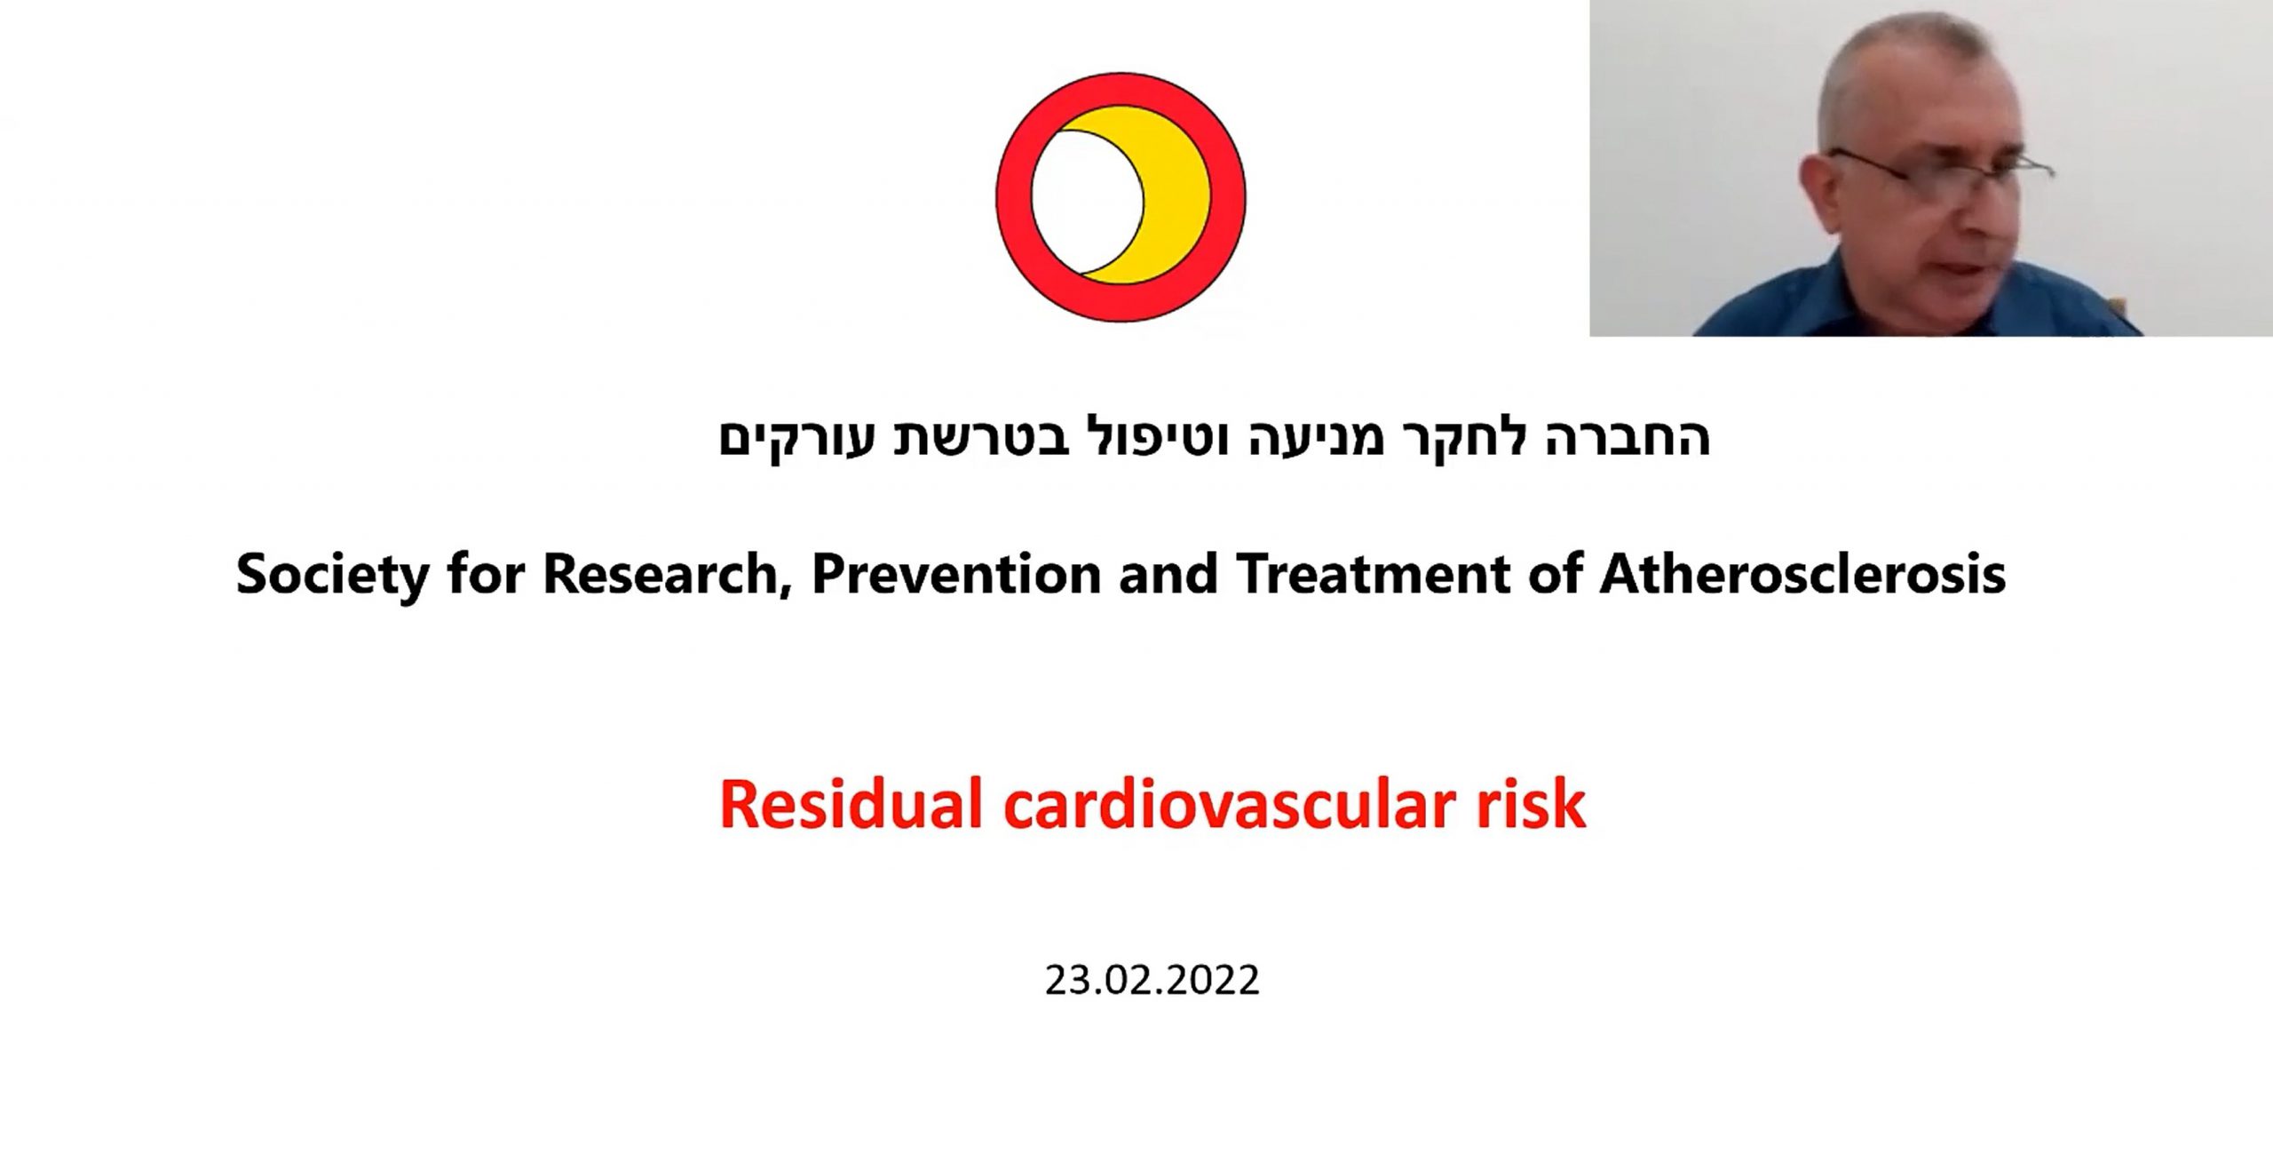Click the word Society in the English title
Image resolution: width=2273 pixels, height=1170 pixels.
coord(333,575)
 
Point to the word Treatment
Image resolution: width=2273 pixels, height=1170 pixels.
coord(1373,573)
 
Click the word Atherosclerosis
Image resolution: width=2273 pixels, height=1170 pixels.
coord(1802,573)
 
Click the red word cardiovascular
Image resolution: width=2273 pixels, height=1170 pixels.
coord(1228,805)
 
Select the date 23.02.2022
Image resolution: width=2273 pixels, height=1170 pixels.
coord(1152,981)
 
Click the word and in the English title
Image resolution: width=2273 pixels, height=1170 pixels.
coord(1168,573)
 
